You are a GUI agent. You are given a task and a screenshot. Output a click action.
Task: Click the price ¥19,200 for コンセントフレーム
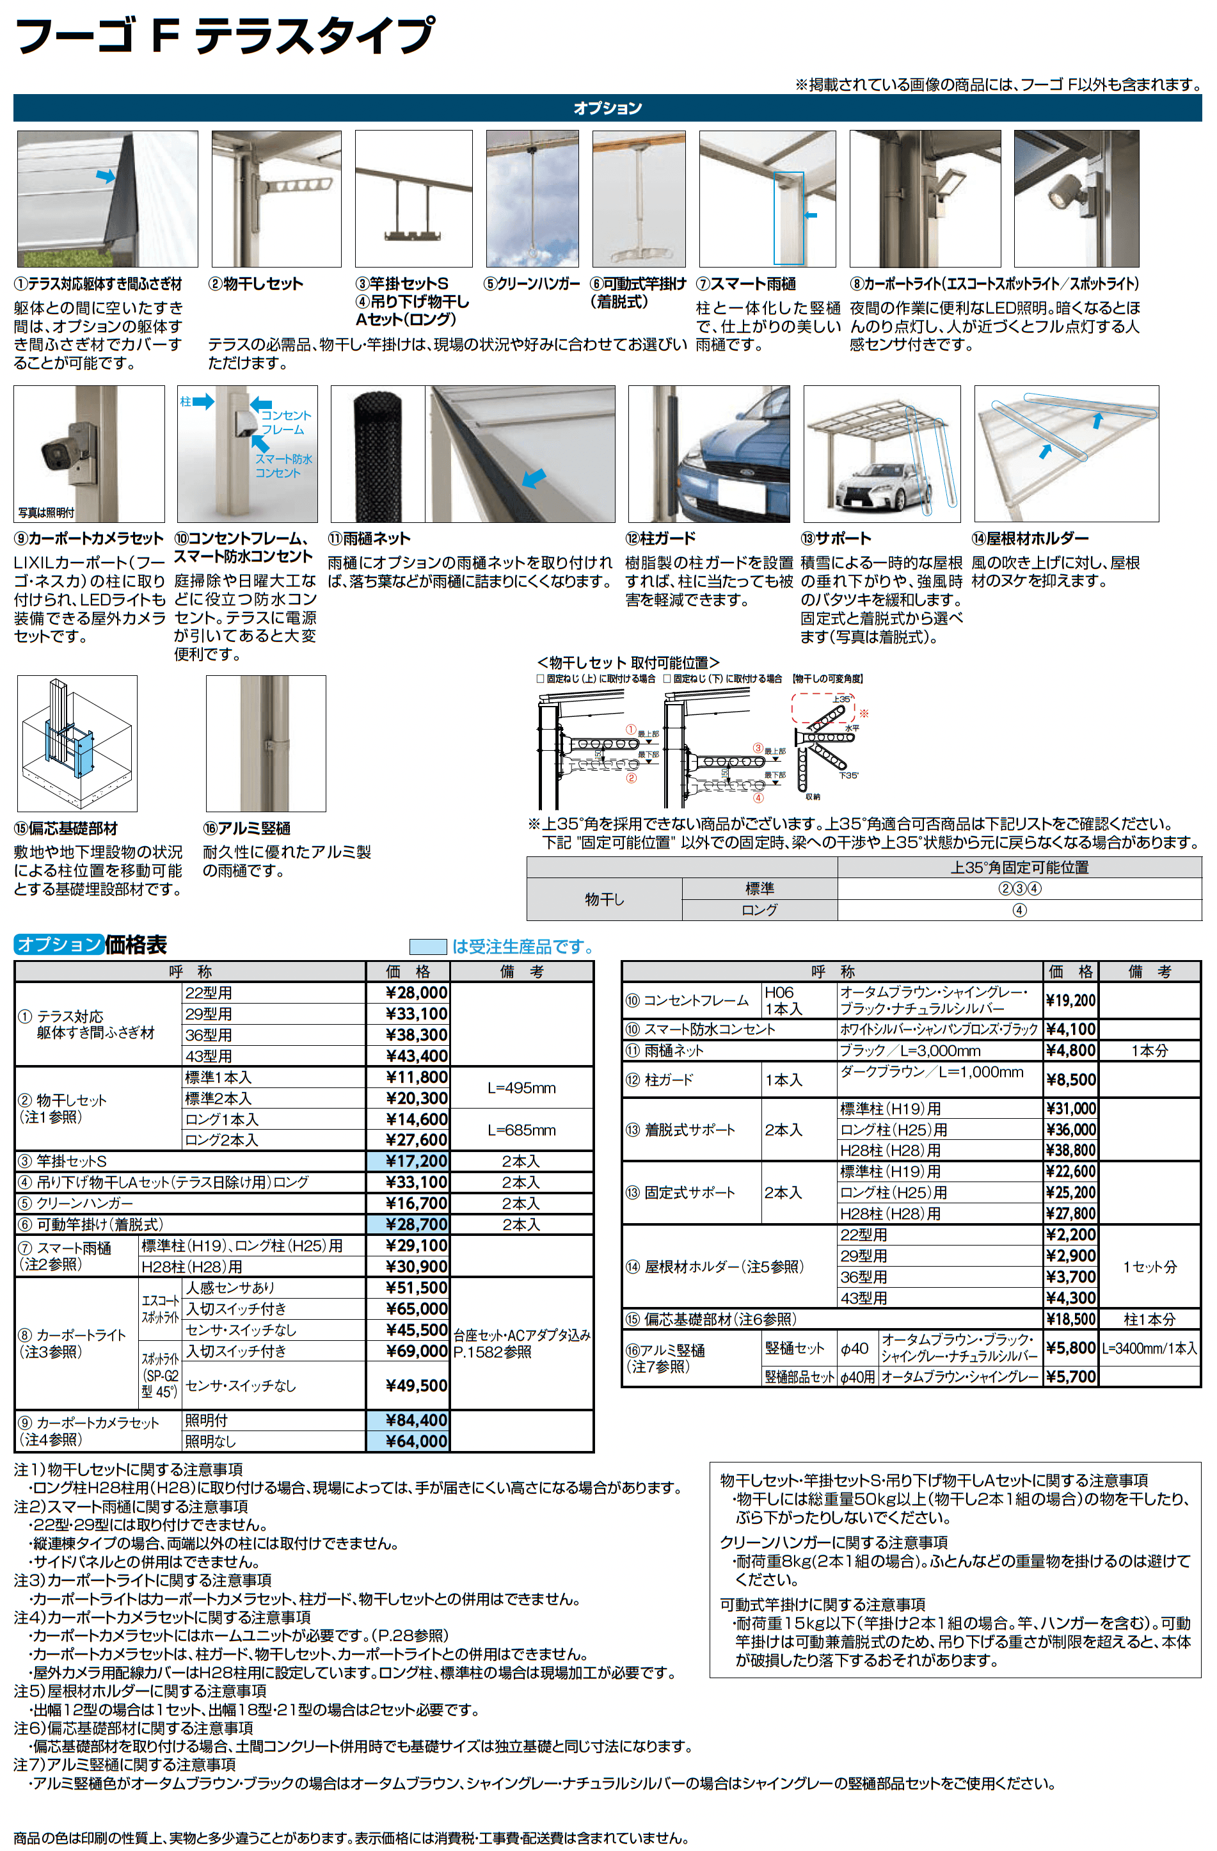pos(1070,1001)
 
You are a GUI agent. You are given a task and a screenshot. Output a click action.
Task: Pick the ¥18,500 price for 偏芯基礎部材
pos(1070,1319)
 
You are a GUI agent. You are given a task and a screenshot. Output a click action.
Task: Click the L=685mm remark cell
pos(521,1130)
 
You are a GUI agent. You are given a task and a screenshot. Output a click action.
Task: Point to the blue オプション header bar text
pos(607,108)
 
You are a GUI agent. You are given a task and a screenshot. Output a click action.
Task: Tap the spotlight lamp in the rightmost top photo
pos(1062,195)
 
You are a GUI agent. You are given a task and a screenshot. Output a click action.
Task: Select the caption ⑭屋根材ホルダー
pos(1030,538)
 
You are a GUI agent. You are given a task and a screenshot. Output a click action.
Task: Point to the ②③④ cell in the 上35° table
pos(1019,889)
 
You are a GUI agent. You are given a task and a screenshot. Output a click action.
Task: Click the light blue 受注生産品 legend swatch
pos(427,947)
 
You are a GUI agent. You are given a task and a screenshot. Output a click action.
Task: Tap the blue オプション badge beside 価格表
pos(58,944)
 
